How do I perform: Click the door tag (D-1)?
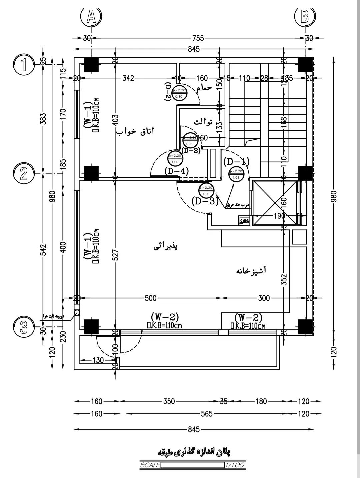tap(236, 162)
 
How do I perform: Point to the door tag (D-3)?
tap(205, 201)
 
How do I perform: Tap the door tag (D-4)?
tap(177, 171)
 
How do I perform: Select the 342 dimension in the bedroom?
tap(128, 78)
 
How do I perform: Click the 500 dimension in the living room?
tap(151, 298)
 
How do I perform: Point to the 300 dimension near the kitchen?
tap(264, 298)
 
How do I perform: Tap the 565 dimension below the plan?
tap(207, 414)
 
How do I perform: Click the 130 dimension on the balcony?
tap(97, 360)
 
